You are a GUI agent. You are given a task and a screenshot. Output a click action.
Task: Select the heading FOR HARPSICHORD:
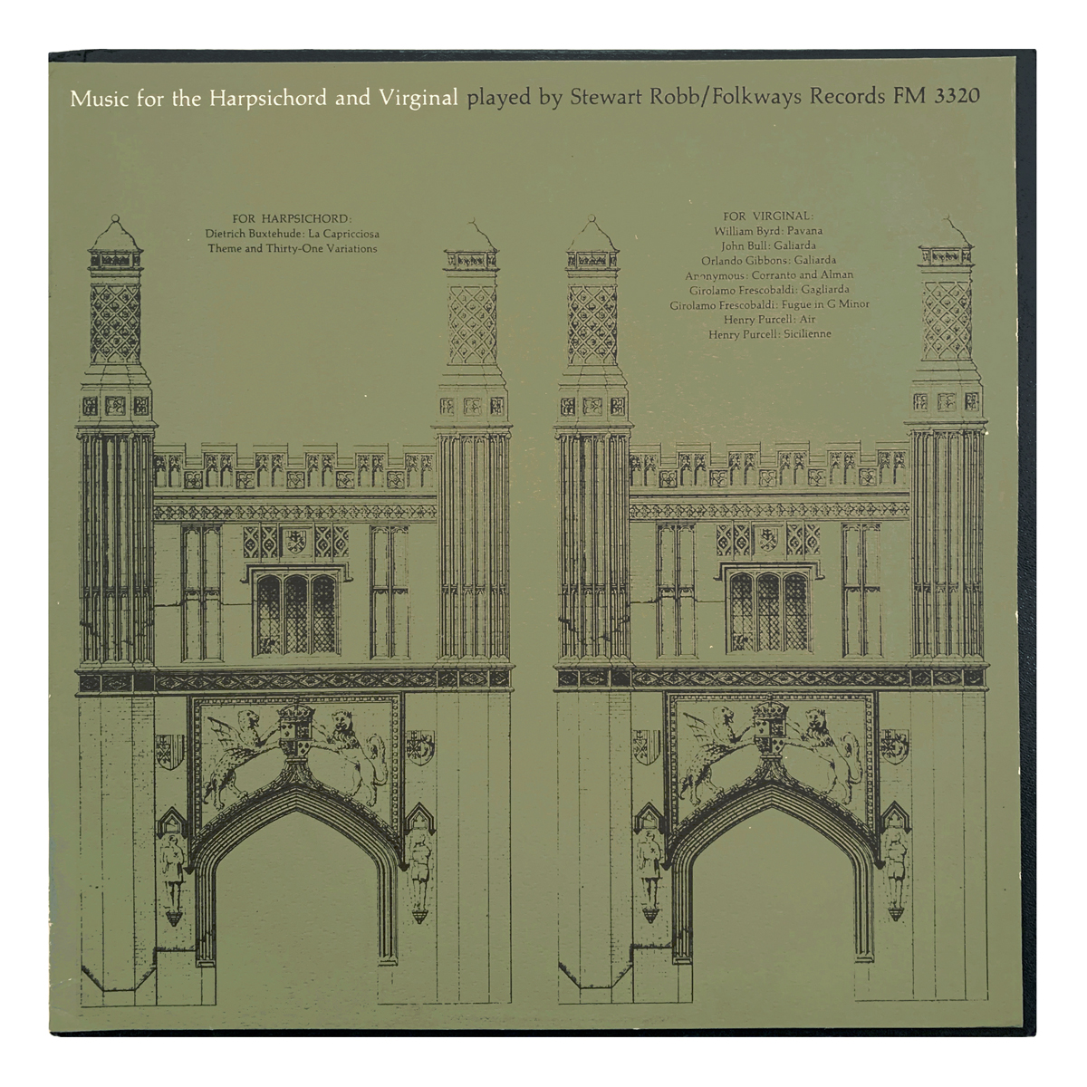pyautogui.click(x=291, y=218)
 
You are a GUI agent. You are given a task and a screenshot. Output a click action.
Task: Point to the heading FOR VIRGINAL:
pyautogui.click(x=768, y=216)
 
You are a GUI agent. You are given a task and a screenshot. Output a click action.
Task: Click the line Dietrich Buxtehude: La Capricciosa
pyautogui.click(x=292, y=234)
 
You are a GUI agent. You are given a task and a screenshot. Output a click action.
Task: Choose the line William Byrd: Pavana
pyautogui.click(x=768, y=231)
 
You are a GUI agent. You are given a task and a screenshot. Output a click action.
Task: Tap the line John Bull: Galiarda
pyautogui.click(x=768, y=245)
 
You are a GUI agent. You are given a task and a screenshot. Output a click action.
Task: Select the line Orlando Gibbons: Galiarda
pyautogui.click(x=768, y=260)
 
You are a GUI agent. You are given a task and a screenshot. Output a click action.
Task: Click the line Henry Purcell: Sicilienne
pyautogui.click(x=769, y=334)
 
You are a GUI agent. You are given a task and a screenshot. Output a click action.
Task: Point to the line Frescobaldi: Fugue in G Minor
pyautogui.click(x=769, y=304)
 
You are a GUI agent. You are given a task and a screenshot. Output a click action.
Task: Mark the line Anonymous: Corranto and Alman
pyautogui.click(x=768, y=274)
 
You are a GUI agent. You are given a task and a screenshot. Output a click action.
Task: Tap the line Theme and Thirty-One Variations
pyautogui.click(x=292, y=248)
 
